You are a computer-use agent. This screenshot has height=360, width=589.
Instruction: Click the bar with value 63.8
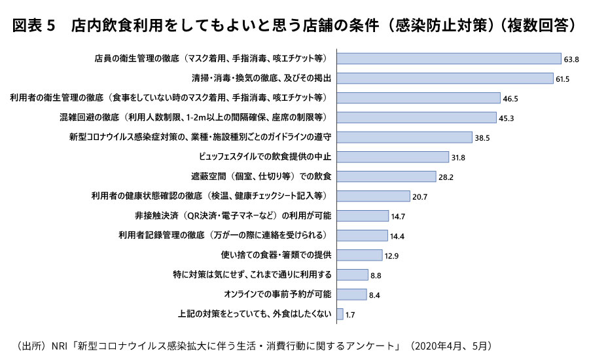point(448,59)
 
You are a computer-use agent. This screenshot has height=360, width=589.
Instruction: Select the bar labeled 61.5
point(444,79)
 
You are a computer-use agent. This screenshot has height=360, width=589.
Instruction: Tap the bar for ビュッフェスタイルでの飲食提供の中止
point(392,157)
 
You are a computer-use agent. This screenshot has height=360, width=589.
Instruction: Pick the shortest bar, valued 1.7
point(339,314)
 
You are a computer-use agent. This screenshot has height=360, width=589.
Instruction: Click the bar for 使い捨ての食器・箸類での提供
point(359,255)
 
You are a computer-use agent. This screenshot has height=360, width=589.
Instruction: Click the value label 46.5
point(510,99)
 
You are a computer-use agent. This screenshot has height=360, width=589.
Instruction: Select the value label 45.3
point(506,118)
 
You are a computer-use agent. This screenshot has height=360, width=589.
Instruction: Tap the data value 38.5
point(482,138)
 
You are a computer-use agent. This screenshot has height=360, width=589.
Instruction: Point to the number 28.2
point(446,177)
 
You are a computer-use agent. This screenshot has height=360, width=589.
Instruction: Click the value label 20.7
point(419,197)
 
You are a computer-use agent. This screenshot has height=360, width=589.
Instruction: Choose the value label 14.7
point(398,217)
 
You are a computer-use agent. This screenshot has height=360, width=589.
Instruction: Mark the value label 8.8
point(376,276)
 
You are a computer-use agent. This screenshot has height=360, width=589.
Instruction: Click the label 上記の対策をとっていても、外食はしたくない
point(255,314)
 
